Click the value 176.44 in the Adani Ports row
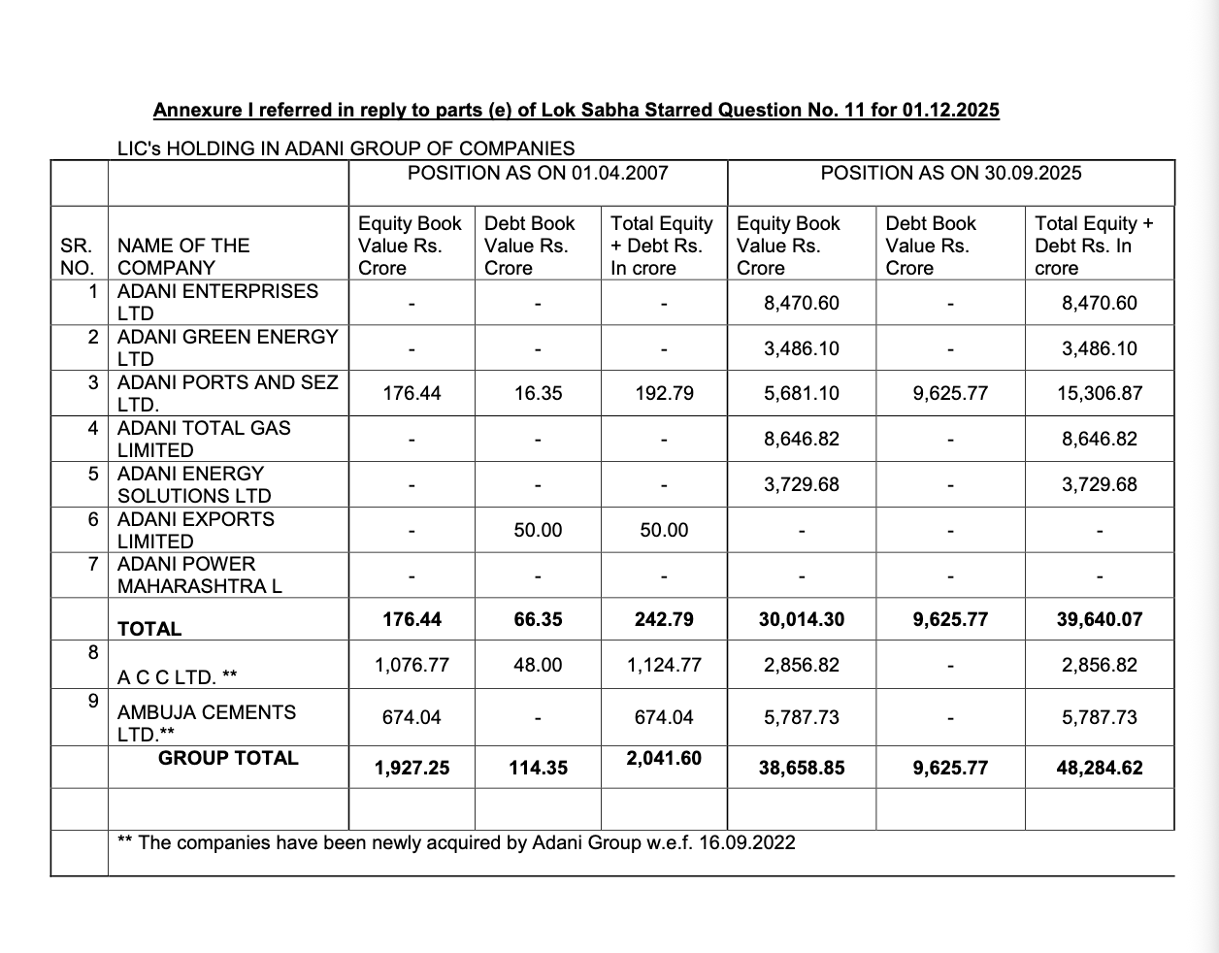[x=412, y=394]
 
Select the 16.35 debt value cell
[x=538, y=394]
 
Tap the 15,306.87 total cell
[x=1099, y=394]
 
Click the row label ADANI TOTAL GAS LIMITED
[x=204, y=439]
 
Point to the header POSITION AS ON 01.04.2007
[x=538, y=173]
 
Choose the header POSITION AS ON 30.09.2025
[x=950, y=173]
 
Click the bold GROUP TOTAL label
[x=228, y=758]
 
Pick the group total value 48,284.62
[x=1099, y=768]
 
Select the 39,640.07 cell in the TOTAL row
[x=1099, y=619]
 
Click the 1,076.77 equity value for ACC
[x=412, y=665]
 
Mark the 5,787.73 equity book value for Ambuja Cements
[x=801, y=717]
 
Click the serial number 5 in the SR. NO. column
[x=93, y=474]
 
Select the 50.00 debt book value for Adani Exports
[x=538, y=530]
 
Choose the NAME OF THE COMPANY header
[x=183, y=256]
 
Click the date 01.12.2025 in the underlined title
[x=950, y=110]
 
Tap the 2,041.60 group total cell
[x=664, y=758]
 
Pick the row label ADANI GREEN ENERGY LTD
[x=227, y=347]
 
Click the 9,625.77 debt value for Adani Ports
[x=950, y=394]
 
